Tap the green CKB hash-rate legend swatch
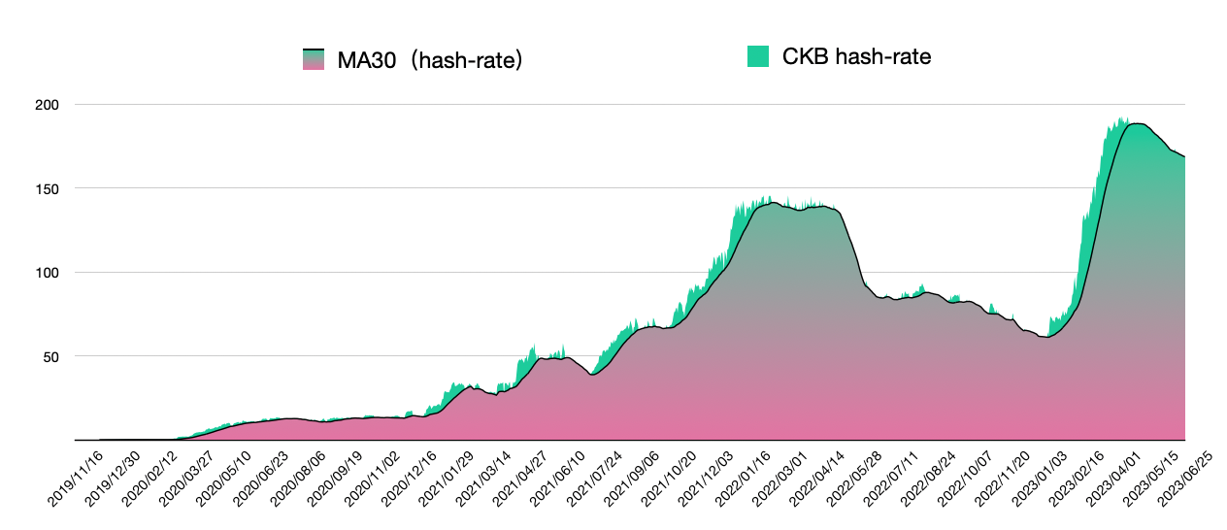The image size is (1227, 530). pyautogui.click(x=758, y=56)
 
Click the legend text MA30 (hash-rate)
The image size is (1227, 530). pyautogui.click(x=430, y=60)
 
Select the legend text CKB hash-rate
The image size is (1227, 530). pyautogui.click(x=856, y=56)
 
